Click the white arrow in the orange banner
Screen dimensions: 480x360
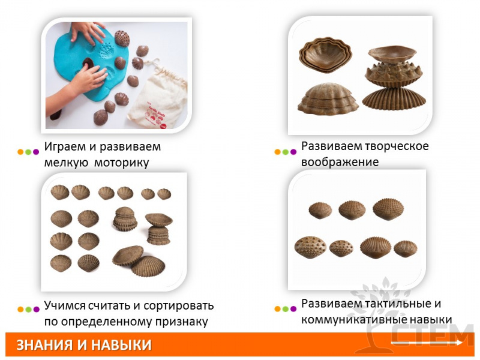coord(427,343)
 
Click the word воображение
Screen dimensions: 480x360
coord(340,162)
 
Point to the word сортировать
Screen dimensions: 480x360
coord(178,305)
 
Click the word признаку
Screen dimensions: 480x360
coord(182,322)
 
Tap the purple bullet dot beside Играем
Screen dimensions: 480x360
coord(36,152)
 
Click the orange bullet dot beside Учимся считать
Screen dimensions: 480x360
coord(20,309)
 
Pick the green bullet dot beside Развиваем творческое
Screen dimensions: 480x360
coord(286,152)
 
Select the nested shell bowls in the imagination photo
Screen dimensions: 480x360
coord(325,55)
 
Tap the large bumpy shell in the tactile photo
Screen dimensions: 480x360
coord(310,247)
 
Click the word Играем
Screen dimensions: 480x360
coord(65,147)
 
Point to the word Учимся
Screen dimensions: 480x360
coord(64,305)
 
